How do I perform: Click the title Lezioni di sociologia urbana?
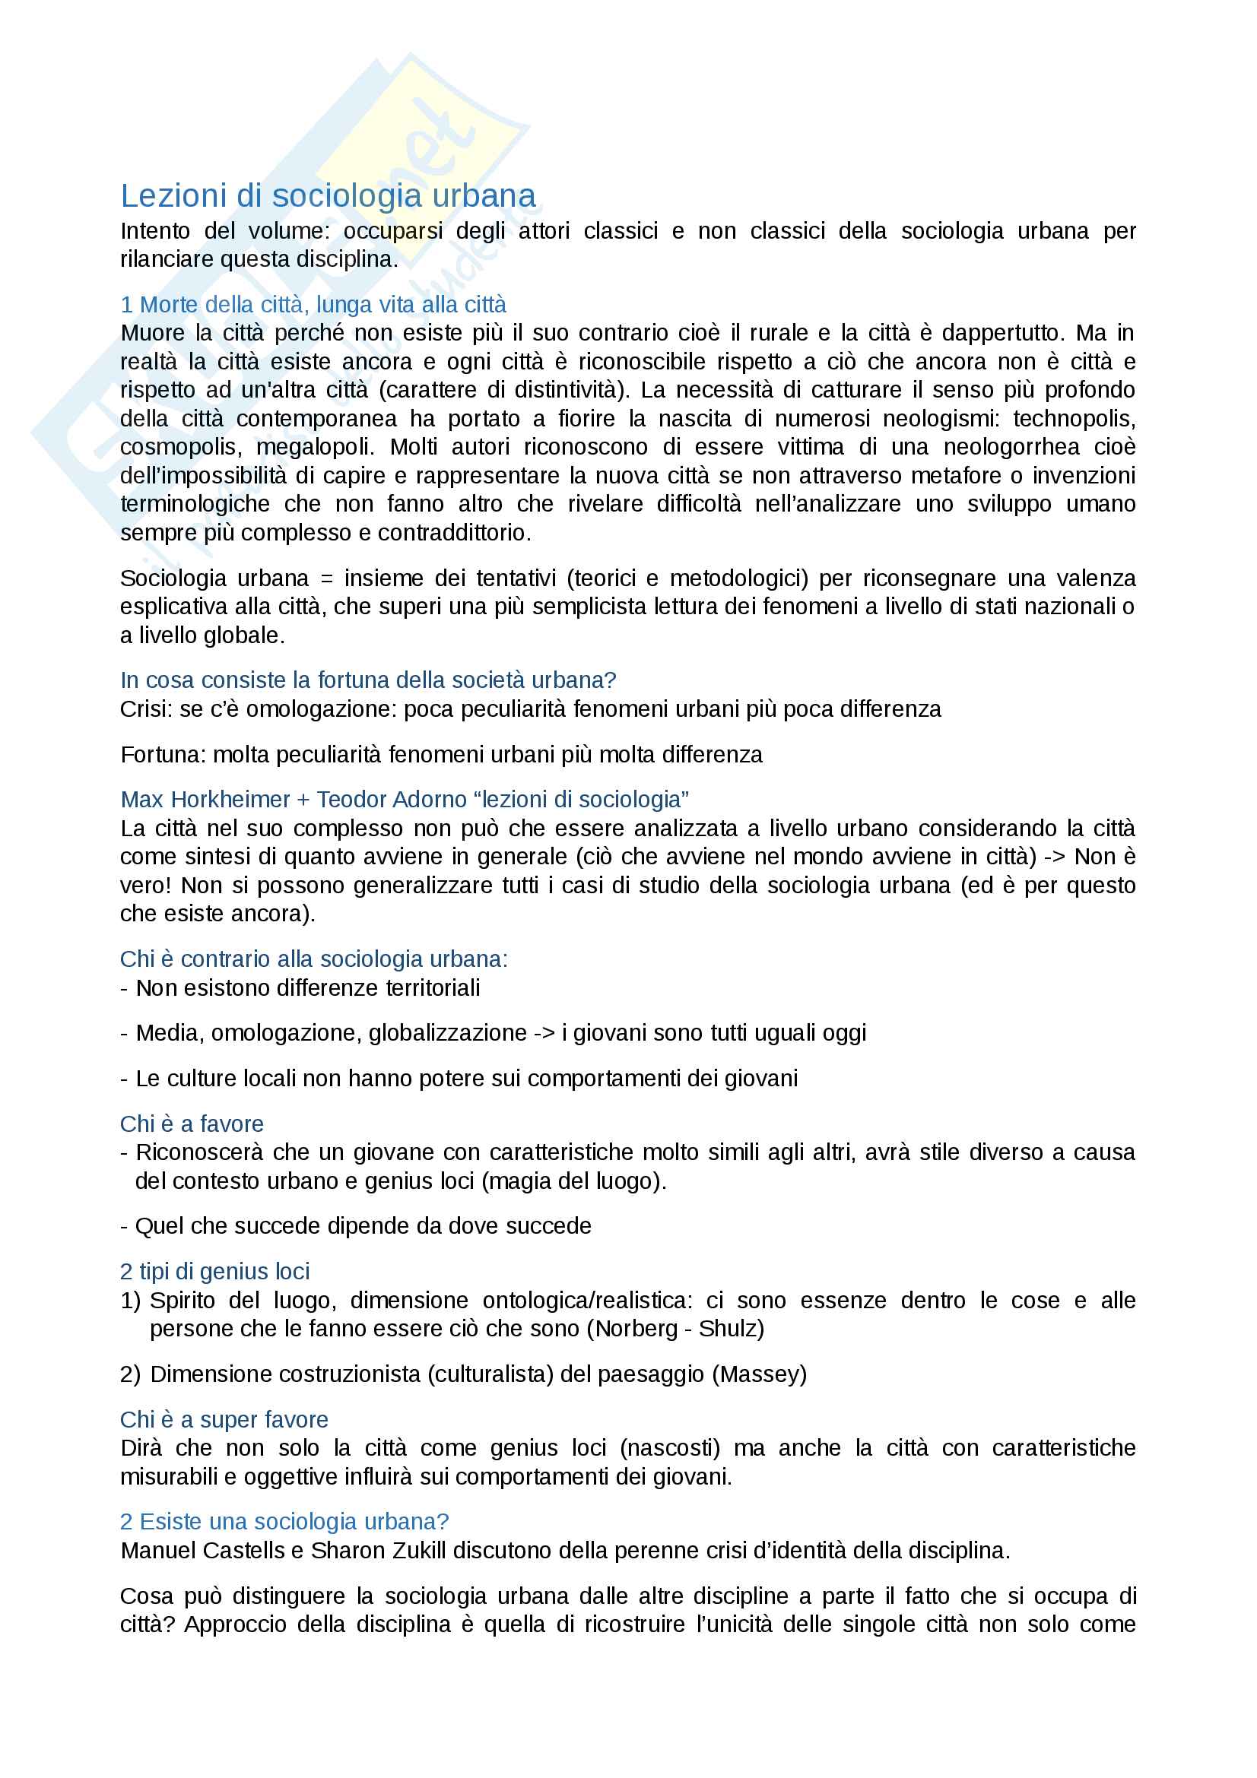[x=328, y=196]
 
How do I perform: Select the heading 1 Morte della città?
[x=313, y=304]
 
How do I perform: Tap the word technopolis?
[x=1074, y=419]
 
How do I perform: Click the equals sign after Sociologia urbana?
[x=326, y=578]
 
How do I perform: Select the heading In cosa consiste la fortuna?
[x=368, y=680]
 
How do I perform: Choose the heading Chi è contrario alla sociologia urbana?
[x=313, y=959]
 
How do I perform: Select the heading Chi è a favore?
[x=192, y=1124]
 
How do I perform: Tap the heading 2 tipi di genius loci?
[x=214, y=1272]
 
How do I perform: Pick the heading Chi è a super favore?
[x=224, y=1419]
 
